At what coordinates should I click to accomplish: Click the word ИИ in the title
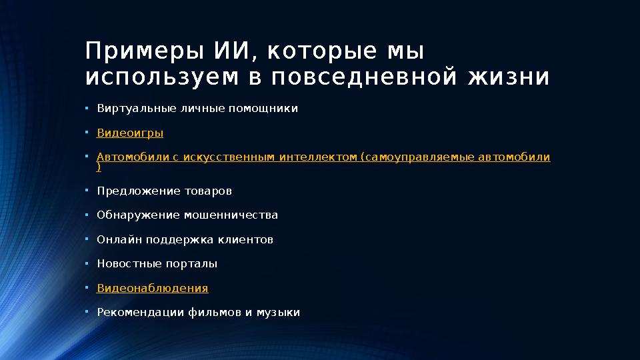[230, 51]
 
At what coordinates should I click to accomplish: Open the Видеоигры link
[130, 133]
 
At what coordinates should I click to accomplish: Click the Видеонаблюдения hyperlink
[153, 288]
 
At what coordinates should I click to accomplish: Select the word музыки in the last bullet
[279, 312]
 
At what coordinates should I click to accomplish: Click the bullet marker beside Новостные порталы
[87, 263]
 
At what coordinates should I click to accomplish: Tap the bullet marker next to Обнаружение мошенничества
[87, 215]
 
